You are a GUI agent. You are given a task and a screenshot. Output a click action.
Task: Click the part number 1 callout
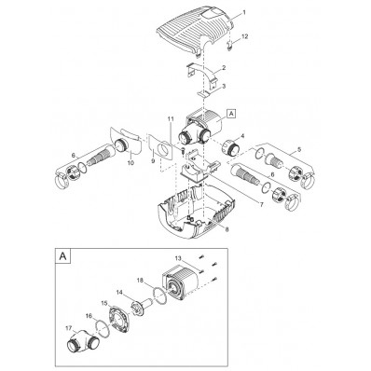(244, 12)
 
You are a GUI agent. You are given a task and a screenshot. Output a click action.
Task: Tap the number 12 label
(245, 36)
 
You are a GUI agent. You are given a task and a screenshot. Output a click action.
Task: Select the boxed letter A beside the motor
(231, 114)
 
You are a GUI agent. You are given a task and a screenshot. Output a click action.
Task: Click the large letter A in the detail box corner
(62, 256)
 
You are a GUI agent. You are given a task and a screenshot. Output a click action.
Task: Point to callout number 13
(178, 257)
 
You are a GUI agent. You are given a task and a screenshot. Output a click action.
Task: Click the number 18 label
(141, 280)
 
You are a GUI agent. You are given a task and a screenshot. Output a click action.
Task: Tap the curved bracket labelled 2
(202, 75)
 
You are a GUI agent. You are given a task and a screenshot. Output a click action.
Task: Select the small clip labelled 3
(205, 93)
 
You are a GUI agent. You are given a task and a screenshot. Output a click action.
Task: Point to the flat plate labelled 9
(161, 147)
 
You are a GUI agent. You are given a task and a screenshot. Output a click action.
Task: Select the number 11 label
(170, 118)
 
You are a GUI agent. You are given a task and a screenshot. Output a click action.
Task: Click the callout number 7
(262, 205)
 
